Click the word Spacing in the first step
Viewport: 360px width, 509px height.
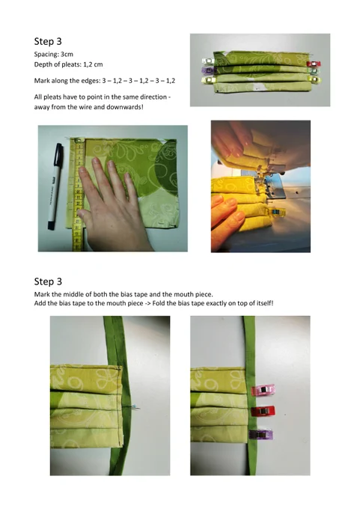tap(46, 55)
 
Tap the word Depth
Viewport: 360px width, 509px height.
tap(43, 64)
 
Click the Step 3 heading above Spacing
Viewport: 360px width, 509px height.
tap(48, 41)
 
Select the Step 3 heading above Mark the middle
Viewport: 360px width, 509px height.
tap(48, 281)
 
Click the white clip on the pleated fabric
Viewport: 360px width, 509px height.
tap(209, 61)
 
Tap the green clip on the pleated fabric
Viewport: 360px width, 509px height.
tap(314, 70)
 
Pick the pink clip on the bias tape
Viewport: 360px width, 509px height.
tap(263, 390)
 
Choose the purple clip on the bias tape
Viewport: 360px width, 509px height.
tap(260, 434)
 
